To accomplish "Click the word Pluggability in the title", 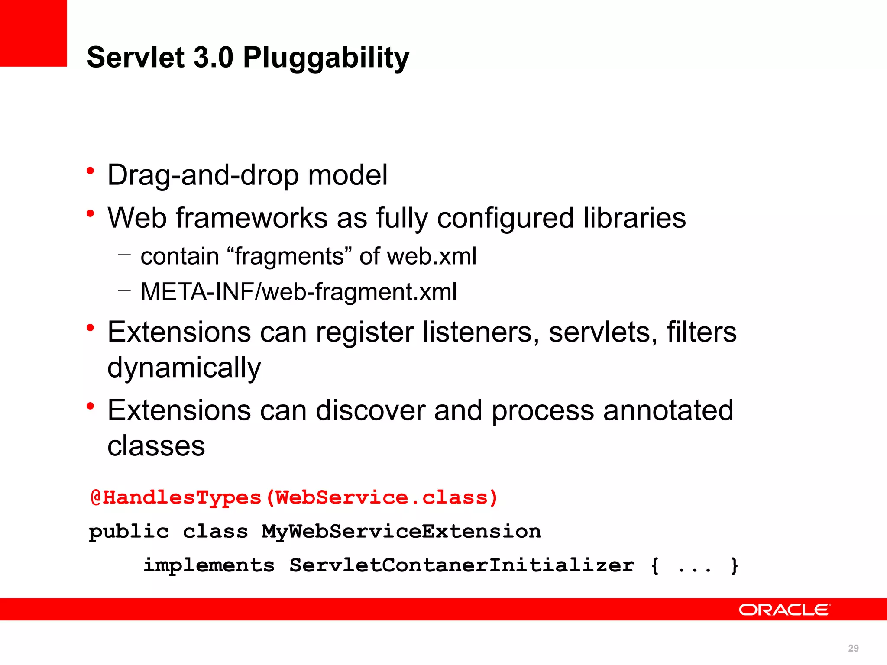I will tap(326, 58).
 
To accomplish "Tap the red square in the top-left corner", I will tap(33, 33).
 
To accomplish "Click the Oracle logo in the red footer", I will tap(784, 610).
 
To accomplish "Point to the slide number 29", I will tap(853, 648).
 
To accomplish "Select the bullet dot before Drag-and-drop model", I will tap(90, 171).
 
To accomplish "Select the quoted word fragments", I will tap(289, 256).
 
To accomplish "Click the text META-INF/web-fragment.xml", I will tap(298, 292).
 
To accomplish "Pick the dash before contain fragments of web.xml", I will tap(124, 255).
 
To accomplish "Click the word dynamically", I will tap(184, 368).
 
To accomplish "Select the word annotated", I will tap(668, 410).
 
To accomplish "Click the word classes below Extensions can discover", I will tap(156, 446).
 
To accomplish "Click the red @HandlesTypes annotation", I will tap(175, 497).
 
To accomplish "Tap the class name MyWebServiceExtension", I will tap(401, 532).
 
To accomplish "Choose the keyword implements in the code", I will tap(209, 565).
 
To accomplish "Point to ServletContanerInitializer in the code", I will tap(461, 565).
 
